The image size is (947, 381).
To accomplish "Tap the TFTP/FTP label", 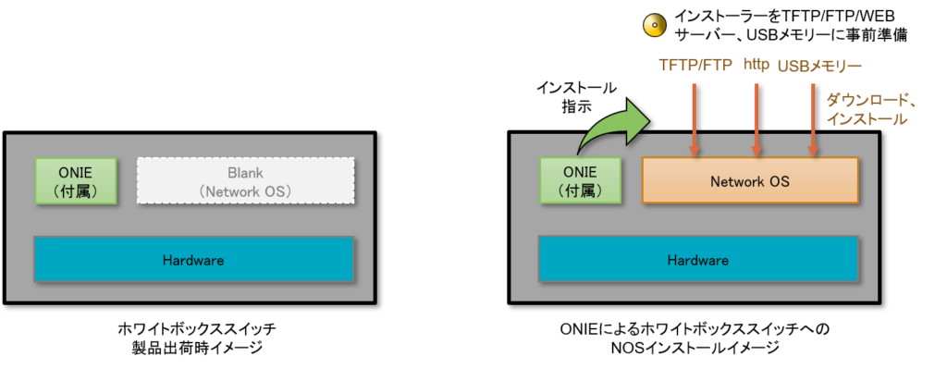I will (695, 67).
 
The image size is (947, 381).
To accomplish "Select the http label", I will (756, 65).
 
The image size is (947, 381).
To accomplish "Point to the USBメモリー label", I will (819, 67).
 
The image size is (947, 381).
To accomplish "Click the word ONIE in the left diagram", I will (76, 171).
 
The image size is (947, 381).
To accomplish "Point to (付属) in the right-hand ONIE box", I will (581, 190).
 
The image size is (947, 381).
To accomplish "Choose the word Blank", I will (245, 173).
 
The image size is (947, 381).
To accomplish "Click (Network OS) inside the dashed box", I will (245, 191).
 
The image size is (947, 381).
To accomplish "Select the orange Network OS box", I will (750, 181).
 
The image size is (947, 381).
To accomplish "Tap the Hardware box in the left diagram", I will (193, 260).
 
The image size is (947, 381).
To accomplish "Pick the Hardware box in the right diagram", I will (698, 260).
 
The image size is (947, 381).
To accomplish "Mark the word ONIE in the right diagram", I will (581, 172).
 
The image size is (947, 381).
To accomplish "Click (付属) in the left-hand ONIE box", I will (76, 190).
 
